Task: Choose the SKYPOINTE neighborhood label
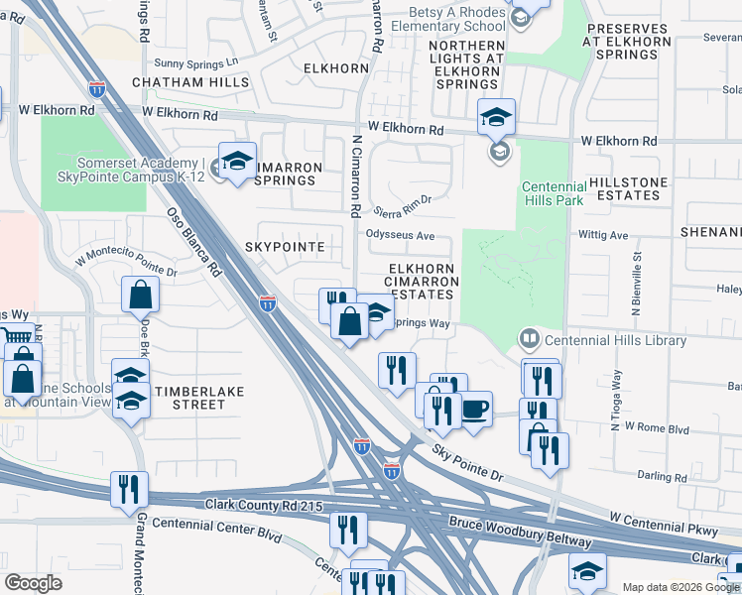pos(293,245)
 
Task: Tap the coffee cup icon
pos(476,409)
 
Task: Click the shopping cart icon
pos(9,335)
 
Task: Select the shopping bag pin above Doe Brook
pos(140,294)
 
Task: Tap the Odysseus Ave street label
pos(401,236)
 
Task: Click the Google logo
pos(34,582)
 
